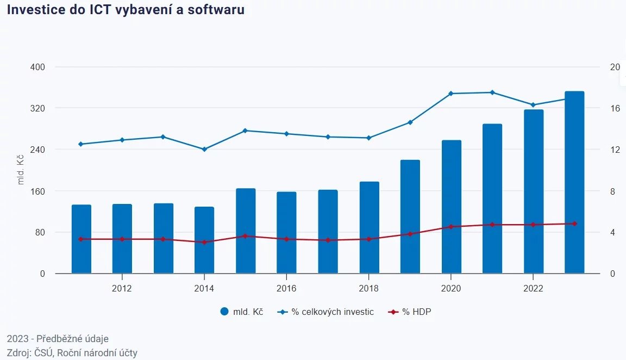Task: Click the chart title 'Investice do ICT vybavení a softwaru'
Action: click(126, 10)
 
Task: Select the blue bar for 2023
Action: click(574, 182)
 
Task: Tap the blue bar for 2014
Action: click(204, 240)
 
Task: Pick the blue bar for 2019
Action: click(410, 216)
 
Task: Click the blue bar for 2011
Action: click(82, 239)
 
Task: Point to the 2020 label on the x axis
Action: click(451, 289)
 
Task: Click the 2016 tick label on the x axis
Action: click(286, 289)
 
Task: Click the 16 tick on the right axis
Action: click(615, 108)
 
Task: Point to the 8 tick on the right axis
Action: click(613, 191)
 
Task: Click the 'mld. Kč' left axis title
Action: click(21, 170)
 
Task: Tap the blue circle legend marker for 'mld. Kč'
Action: click(225, 312)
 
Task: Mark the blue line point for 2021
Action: click(492, 92)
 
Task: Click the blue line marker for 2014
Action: click(204, 149)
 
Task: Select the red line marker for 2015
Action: click(246, 236)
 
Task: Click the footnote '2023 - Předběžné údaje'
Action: click(58, 339)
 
